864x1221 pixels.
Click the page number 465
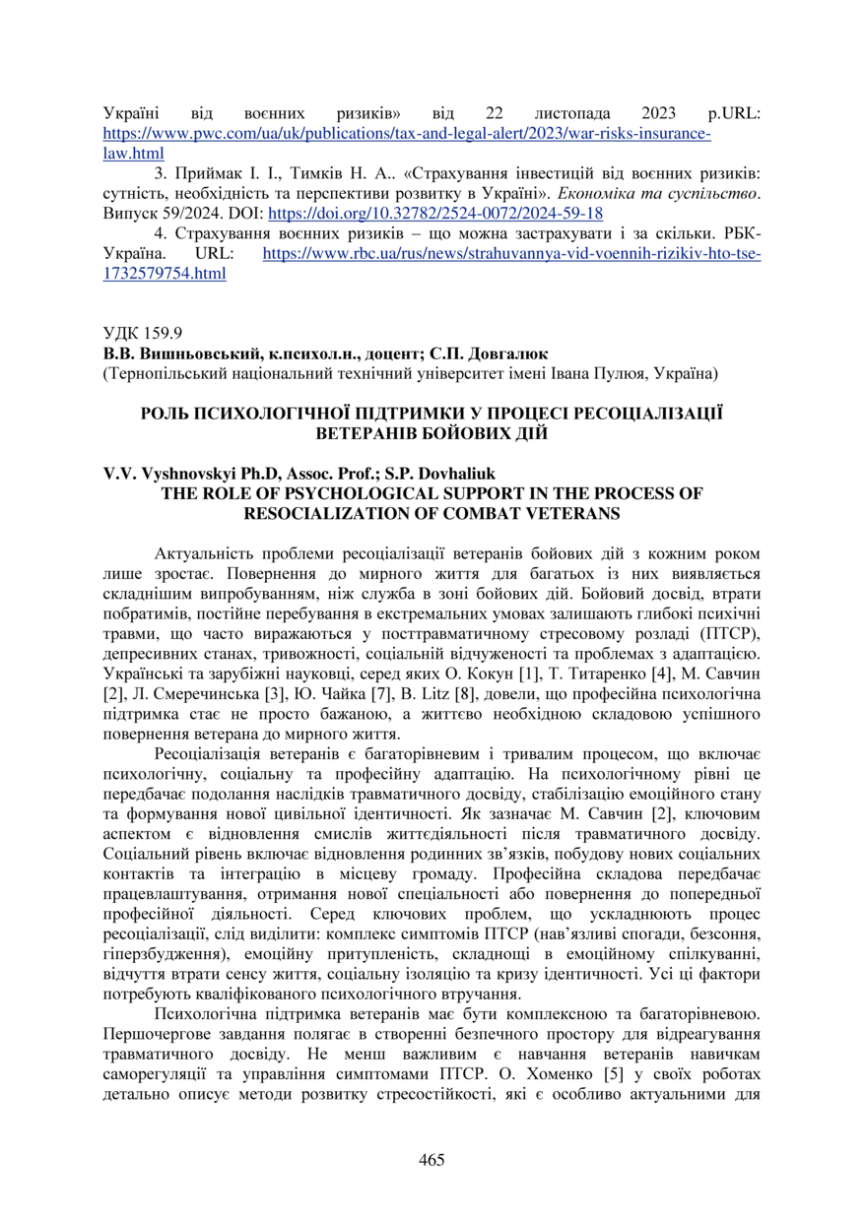pyautogui.click(x=432, y=1159)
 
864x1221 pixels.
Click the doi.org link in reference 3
pyautogui.click(x=435, y=213)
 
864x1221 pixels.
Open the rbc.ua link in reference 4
pyautogui.click(x=512, y=254)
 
